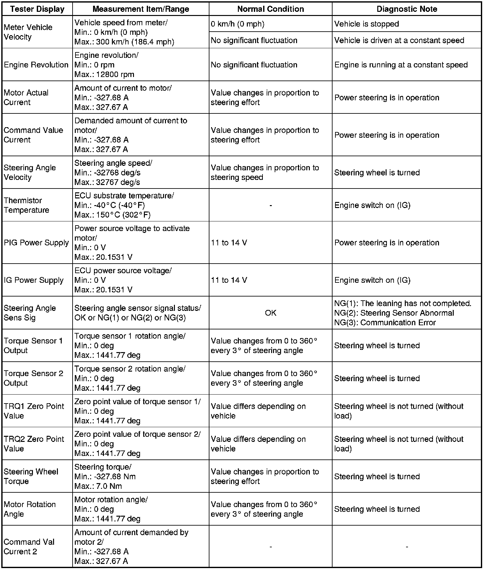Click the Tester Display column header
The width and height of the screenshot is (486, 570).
[x=37, y=9]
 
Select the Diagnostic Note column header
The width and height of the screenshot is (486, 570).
[x=407, y=9]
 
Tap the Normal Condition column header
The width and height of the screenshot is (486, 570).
[x=270, y=9]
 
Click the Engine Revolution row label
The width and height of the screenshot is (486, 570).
[x=36, y=65]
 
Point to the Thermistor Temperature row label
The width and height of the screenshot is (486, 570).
[x=27, y=205]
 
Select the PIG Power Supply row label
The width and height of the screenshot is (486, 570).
[x=36, y=243]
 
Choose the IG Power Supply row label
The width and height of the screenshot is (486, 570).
[x=34, y=280]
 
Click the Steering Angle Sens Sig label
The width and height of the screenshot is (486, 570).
[x=30, y=313]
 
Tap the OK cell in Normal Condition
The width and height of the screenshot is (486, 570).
[x=270, y=313]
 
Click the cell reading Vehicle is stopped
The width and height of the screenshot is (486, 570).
[x=366, y=24]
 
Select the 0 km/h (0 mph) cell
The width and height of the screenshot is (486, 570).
[x=238, y=24]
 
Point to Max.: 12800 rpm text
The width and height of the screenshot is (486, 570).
[x=104, y=74]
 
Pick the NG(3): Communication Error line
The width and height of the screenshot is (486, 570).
[x=385, y=322]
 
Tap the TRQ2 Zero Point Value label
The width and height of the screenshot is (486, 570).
[x=34, y=444]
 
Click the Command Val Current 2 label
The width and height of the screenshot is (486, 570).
[x=29, y=547]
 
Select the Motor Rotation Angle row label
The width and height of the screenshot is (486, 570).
[x=30, y=509]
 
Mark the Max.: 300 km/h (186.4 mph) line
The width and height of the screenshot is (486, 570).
[x=124, y=42]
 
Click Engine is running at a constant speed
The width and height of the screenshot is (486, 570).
[x=401, y=65]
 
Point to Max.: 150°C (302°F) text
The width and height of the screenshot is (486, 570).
[x=113, y=215]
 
